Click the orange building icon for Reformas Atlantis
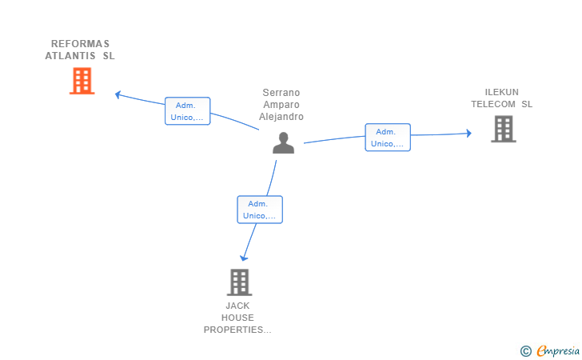(x=82, y=81)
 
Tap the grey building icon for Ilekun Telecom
(x=504, y=129)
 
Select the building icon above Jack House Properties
(x=239, y=282)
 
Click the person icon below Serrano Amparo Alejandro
(x=283, y=143)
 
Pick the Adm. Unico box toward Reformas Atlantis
(x=187, y=111)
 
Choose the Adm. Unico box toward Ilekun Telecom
(x=388, y=138)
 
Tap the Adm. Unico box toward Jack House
(x=260, y=210)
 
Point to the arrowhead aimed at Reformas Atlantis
(x=118, y=94)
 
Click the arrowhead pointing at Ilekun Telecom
(x=468, y=133)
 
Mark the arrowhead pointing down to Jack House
(x=244, y=258)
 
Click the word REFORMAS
(x=80, y=44)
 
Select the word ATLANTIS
(x=70, y=56)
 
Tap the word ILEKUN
(x=501, y=92)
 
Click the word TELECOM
(x=493, y=104)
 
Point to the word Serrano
(x=281, y=93)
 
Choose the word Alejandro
(x=281, y=117)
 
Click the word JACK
(x=237, y=306)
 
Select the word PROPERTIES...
(x=237, y=330)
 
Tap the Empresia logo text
(x=558, y=350)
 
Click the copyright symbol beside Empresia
(x=526, y=351)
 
